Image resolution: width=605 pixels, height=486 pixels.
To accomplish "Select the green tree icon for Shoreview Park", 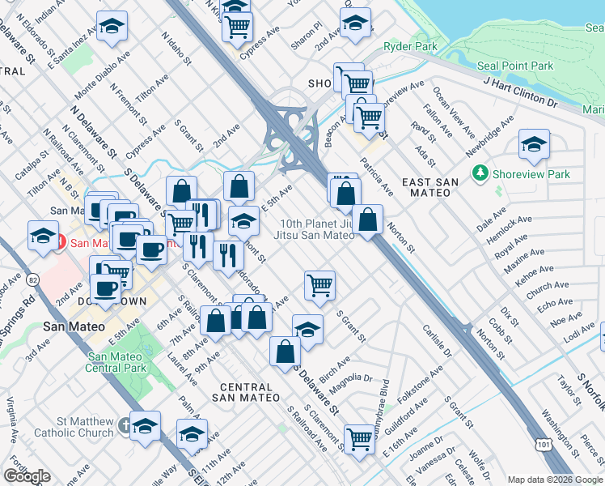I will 480,173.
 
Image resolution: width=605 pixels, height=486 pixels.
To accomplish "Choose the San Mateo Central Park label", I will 120,363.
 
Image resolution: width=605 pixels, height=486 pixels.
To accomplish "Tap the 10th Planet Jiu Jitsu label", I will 318,229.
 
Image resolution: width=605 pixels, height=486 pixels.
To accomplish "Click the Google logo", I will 27,476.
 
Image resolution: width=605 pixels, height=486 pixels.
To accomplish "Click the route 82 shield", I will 33,279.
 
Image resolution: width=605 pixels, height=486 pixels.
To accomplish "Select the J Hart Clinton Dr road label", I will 521,92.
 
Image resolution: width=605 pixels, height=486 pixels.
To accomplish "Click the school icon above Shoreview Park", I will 534,146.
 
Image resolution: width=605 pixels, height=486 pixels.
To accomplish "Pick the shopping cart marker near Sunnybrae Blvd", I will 359,439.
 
